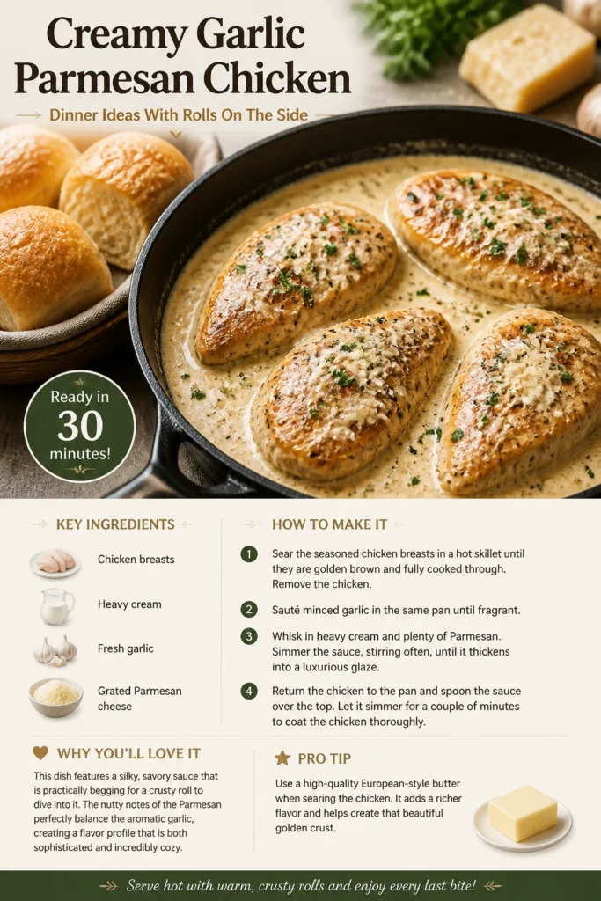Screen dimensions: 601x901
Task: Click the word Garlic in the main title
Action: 250,34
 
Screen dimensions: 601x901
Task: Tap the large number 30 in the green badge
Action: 80,426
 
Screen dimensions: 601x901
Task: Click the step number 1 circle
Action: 249,554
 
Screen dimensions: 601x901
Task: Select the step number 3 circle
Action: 249,636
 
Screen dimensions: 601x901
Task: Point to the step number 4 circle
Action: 249,691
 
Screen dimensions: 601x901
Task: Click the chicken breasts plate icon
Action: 55,562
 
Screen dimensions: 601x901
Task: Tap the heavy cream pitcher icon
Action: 57,606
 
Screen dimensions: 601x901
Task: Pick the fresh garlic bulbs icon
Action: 55,650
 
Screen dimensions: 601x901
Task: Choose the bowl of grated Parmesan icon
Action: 55,697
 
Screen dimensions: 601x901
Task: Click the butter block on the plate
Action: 523,813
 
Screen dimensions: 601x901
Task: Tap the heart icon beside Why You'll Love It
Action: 40,753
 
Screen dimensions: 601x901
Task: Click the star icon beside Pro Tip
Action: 282,758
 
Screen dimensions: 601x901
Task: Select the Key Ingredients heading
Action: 115,524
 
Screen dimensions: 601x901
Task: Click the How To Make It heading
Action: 329,524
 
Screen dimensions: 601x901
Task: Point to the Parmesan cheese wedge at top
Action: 527,57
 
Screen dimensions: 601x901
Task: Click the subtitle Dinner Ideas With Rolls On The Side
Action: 179,115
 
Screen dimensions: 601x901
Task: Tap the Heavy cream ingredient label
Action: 129,604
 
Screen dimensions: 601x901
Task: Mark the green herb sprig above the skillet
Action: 425,34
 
